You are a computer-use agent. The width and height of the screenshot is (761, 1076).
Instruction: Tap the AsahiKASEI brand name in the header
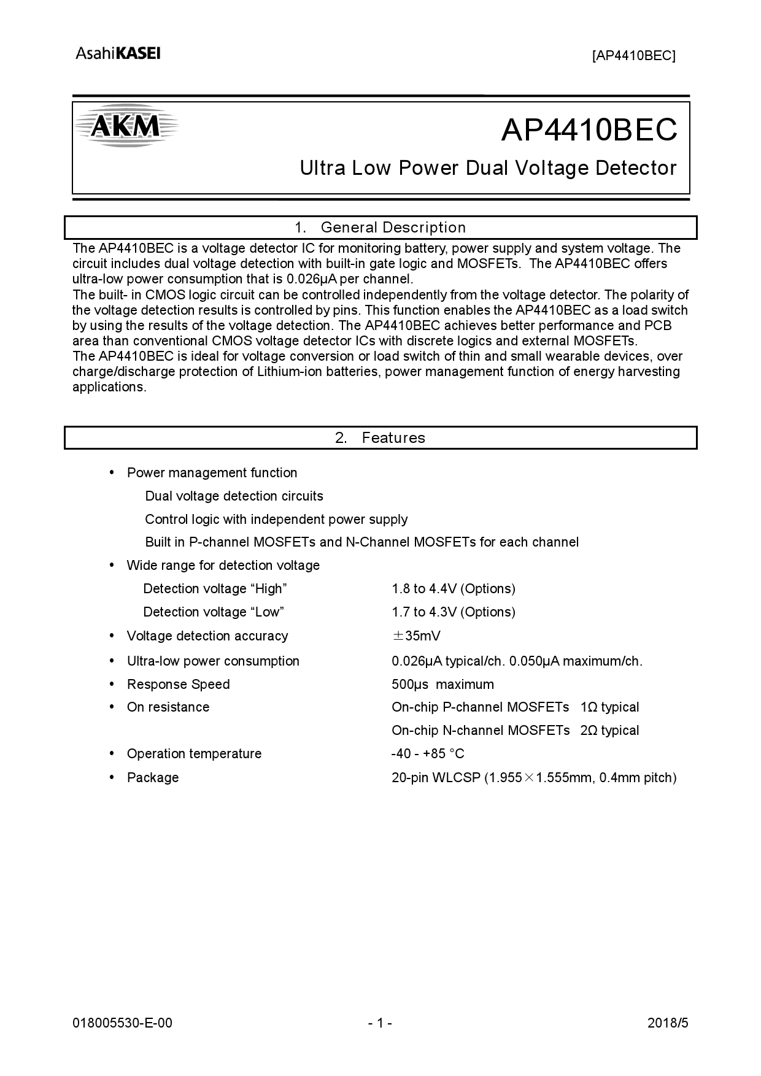pyautogui.click(x=118, y=54)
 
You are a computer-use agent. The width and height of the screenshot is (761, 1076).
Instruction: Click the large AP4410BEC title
pyautogui.click(x=589, y=129)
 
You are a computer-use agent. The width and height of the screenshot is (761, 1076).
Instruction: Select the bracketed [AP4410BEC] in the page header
pyautogui.click(x=633, y=56)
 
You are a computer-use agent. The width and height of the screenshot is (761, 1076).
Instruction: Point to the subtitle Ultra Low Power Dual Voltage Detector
pyautogui.click(x=488, y=168)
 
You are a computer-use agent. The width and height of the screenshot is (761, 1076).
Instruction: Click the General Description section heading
pyautogui.click(x=381, y=228)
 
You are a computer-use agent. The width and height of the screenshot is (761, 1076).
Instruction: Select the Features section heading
pyautogui.click(x=381, y=438)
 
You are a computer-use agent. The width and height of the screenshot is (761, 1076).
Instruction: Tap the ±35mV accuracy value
pyautogui.click(x=416, y=636)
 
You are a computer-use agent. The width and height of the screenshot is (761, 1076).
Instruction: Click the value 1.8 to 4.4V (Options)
pyautogui.click(x=454, y=589)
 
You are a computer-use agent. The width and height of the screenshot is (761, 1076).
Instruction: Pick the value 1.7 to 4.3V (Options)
pyautogui.click(x=454, y=612)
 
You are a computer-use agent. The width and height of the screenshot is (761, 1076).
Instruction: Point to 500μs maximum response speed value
pyautogui.click(x=442, y=685)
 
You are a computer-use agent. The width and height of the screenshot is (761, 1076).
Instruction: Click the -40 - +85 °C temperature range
pyautogui.click(x=428, y=754)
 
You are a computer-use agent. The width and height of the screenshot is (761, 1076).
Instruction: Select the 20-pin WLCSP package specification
pyautogui.click(x=534, y=778)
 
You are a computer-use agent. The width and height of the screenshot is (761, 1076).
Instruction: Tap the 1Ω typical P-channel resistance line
pyautogui.click(x=515, y=707)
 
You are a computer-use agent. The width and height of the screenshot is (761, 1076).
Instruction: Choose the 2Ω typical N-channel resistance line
pyautogui.click(x=515, y=731)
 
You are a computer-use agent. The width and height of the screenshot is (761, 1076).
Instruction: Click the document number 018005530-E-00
pyautogui.click(x=122, y=1023)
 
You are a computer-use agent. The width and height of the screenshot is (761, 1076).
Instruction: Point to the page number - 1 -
pyautogui.click(x=380, y=1023)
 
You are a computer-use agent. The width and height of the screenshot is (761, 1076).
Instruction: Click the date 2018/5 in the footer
pyautogui.click(x=668, y=1023)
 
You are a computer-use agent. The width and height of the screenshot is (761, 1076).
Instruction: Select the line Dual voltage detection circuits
pyautogui.click(x=234, y=496)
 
